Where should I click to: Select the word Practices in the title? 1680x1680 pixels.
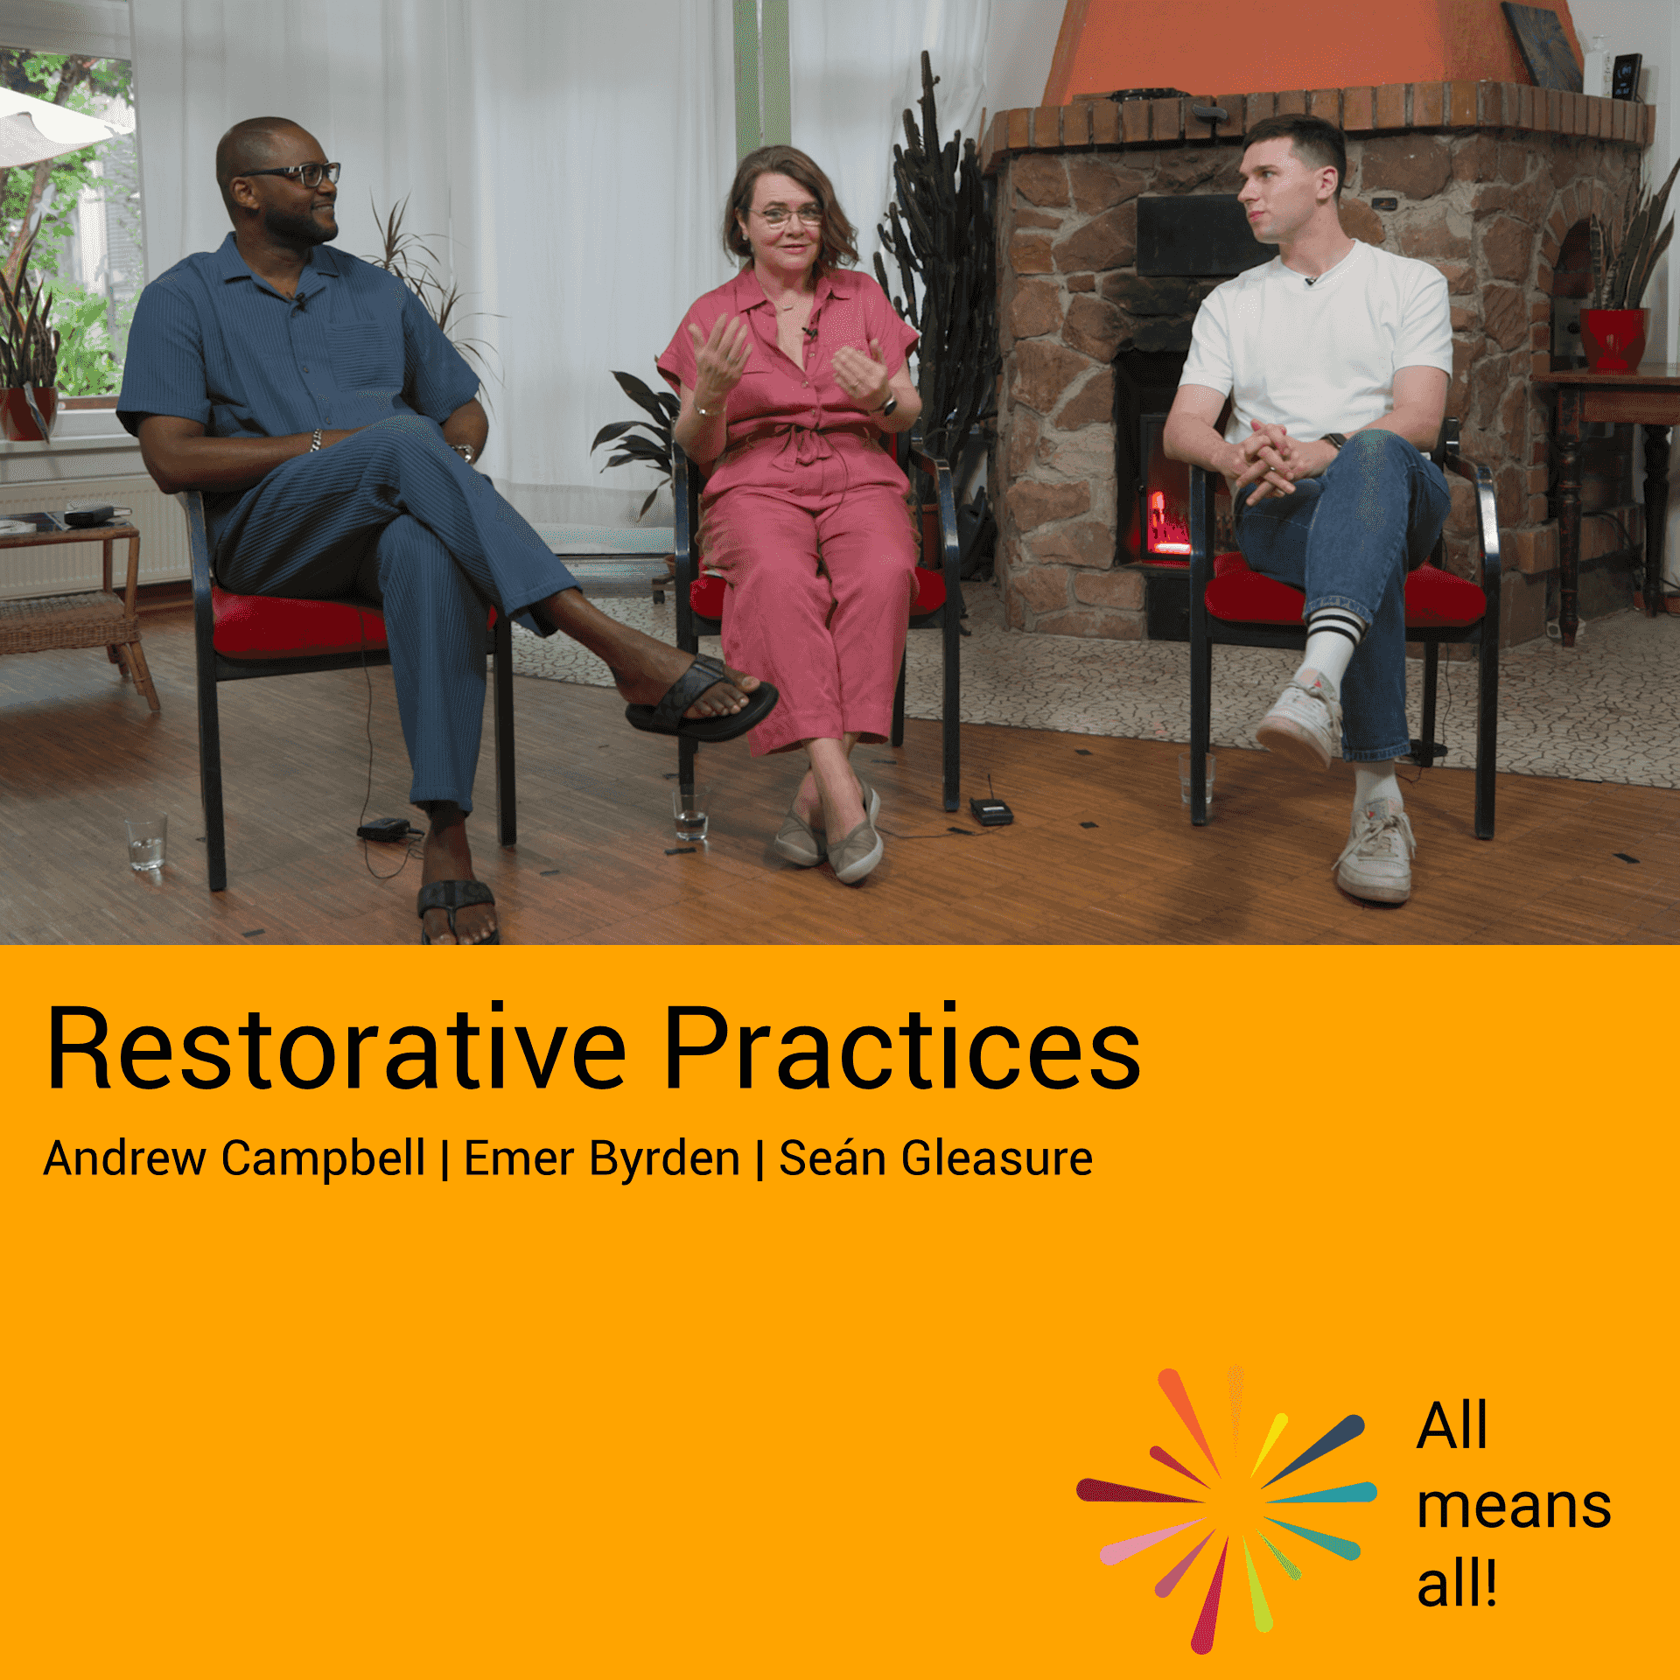click(x=902, y=1047)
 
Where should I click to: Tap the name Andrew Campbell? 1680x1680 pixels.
click(x=234, y=1158)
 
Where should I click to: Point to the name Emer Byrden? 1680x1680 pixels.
click(x=602, y=1158)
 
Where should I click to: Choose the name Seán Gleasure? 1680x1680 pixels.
click(x=935, y=1158)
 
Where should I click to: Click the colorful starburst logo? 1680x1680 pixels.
click(x=1227, y=1509)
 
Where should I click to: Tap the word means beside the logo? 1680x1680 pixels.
click(x=1514, y=1507)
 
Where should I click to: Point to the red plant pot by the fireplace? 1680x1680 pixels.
click(x=1613, y=340)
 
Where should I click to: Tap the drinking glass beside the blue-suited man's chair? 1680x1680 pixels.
click(x=146, y=842)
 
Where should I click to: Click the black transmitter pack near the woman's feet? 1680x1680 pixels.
click(x=990, y=811)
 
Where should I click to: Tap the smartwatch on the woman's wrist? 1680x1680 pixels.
click(x=887, y=405)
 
